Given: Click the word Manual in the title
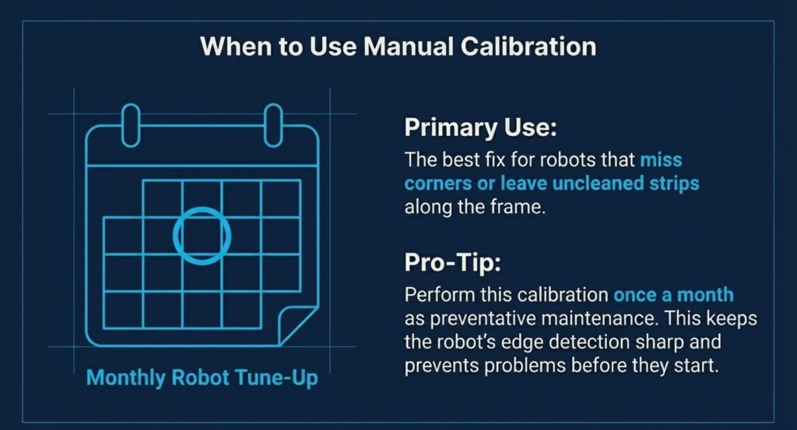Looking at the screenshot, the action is [408, 47].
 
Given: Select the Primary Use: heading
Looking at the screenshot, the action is [480, 127].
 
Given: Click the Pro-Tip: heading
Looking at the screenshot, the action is [452, 263].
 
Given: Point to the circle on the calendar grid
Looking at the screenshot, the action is [174, 235].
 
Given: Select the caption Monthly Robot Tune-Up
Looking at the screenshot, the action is [202, 378].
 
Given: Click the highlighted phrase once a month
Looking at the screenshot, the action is [673, 295].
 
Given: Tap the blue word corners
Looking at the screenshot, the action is [437, 184].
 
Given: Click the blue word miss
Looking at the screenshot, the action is [661, 160].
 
